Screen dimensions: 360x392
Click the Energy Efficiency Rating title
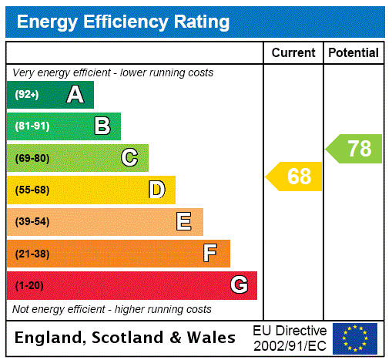pyautogui.click(x=123, y=22)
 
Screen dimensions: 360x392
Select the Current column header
pyautogui.click(x=293, y=53)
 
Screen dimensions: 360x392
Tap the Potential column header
pyautogui.click(x=353, y=53)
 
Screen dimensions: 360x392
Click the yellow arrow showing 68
pyautogui.click(x=296, y=177)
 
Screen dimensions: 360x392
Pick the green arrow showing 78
pyautogui.click(x=355, y=148)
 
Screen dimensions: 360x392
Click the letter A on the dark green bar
pyautogui.click(x=75, y=95)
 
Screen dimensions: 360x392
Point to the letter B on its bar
pyautogui.click(x=102, y=126)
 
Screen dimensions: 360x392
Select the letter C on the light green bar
pyautogui.click(x=129, y=158)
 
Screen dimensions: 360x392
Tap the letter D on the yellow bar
pyautogui.click(x=156, y=190)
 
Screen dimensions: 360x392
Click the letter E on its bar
pyautogui.click(x=184, y=222)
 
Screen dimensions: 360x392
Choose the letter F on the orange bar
pyautogui.click(x=210, y=254)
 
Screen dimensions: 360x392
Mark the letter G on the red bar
pyautogui.click(x=239, y=285)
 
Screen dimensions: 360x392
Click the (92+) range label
pyautogui.click(x=27, y=95)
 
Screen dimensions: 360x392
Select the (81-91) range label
pyautogui.click(x=32, y=126)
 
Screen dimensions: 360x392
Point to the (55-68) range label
pyautogui.click(x=32, y=190)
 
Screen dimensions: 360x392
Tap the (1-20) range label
pyautogui.click(x=29, y=285)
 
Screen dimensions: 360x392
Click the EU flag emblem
pyautogui.click(x=355, y=338)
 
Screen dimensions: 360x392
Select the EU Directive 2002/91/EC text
pyautogui.click(x=290, y=338)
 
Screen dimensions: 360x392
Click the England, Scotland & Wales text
pyautogui.click(x=126, y=338)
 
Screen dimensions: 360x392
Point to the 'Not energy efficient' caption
pyautogui.click(x=112, y=309)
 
